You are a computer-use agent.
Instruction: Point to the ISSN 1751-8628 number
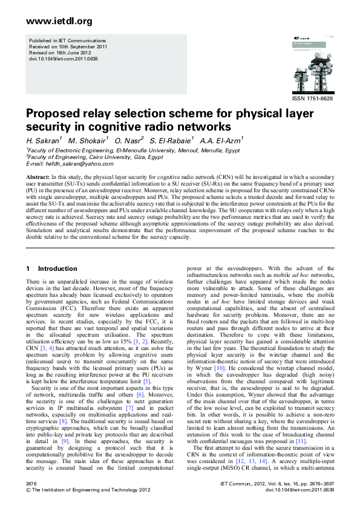[x=313, y=99]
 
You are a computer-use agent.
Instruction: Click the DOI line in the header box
[x=64, y=59]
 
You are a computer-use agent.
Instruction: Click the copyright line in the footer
[x=84, y=491]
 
